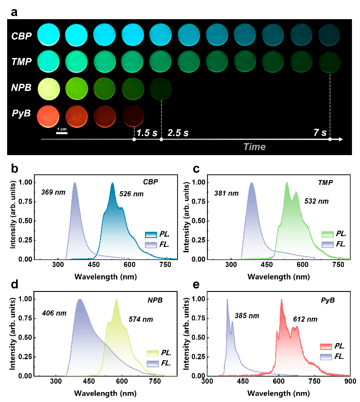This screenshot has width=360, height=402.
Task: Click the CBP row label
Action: pyautogui.click(x=21, y=36)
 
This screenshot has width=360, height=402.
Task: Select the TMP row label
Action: pyautogui.click(x=21, y=62)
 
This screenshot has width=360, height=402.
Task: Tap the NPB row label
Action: pyautogui.click(x=21, y=88)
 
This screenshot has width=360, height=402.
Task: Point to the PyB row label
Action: pyautogui.click(x=21, y=114)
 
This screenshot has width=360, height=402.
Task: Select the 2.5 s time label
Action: pyautogui.click(x=178, y=133)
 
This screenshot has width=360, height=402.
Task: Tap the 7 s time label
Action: pyautogui.click(x=320, y=133)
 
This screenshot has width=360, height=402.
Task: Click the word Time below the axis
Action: pyautogui.click(x=254, y=147)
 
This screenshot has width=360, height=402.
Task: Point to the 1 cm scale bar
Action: pyautogui.click(x=62, y=132)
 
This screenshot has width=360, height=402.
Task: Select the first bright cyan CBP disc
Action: pyautogui.click(x=48, y=35)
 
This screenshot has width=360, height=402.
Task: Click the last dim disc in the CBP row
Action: pyautogui.click(x=329, y=35)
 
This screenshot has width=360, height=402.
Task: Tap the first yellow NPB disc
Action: pyautogui.click(x=48, y=89)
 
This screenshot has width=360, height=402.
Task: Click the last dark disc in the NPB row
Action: pyautogui.click(x=161, y=89)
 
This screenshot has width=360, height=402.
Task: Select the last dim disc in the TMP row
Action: pyautogui.click(x=329, y=62)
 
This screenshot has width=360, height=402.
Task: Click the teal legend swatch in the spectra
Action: pyautogui.click(x=151, y=235)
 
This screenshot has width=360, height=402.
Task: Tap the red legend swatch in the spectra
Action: pyautogui.click(x=326, y=347)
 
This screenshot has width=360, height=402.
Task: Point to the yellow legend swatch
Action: pyautogui.click(x=153, y=353)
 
